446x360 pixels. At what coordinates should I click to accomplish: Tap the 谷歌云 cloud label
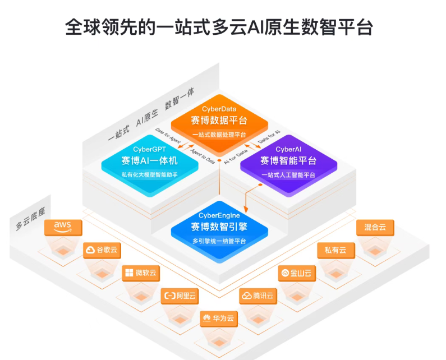102,250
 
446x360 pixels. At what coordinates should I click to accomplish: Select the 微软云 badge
141,273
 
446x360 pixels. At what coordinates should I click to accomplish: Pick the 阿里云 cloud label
180,295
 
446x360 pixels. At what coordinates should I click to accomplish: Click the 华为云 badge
219,319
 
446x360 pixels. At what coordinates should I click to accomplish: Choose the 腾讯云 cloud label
258,296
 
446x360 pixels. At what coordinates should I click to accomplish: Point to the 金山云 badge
297,273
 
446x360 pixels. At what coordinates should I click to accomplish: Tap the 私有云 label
335,250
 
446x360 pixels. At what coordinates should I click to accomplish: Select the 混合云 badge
375,227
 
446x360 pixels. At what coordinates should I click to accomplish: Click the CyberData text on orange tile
219,108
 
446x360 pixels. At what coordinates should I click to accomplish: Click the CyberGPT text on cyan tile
149,149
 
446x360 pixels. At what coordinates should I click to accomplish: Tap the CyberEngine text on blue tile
219,215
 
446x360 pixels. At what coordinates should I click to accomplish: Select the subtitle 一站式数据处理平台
219,135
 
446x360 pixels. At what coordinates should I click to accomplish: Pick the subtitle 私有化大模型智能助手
149,175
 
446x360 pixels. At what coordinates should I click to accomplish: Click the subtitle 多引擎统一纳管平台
219,241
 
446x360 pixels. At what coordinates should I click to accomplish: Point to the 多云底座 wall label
30,220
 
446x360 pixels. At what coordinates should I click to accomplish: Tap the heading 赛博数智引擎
219,227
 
